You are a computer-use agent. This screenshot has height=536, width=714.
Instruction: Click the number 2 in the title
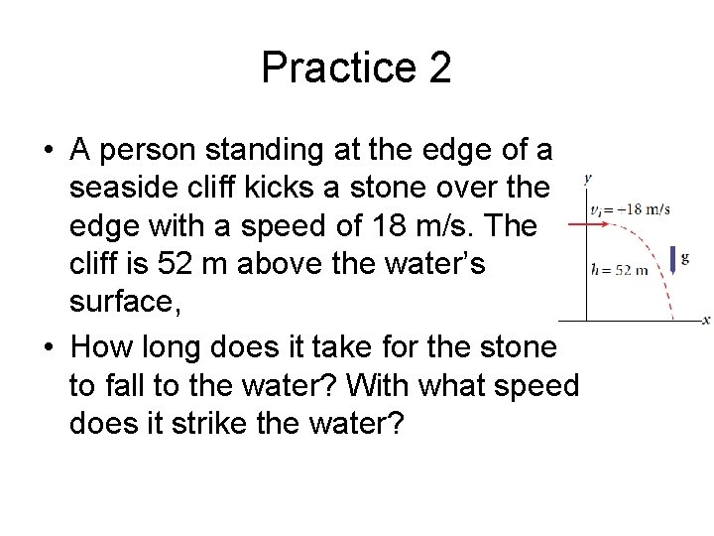pyautogui.click(x=438, y=67)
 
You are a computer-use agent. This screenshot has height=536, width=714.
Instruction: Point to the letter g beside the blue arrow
pyautogui.click(x=685, y=257)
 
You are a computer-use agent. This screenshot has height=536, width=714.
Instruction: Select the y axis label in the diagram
pyautogui.click(x=588, y=179)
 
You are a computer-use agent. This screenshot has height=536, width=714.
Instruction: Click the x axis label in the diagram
pyautogui.click(x=705, y=320)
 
